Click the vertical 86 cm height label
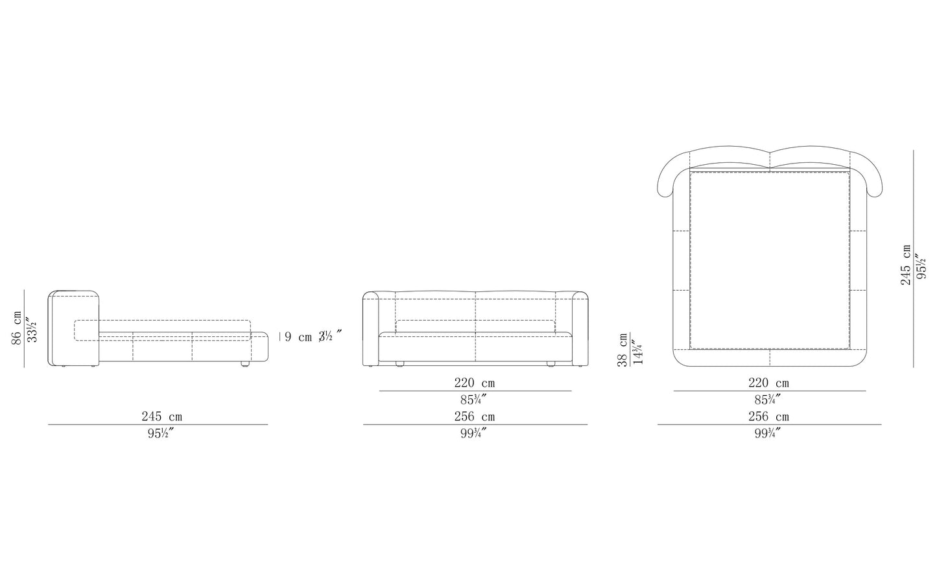coord(17,327)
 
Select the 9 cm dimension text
coord(298,337)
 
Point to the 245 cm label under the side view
coord(162,417)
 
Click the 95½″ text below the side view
coord(161,433)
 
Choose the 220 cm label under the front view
coord(475,383)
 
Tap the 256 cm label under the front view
coord(475,417)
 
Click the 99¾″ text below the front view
coord(473,433)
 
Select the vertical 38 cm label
coord(623,350)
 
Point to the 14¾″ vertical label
coord(637,352)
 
